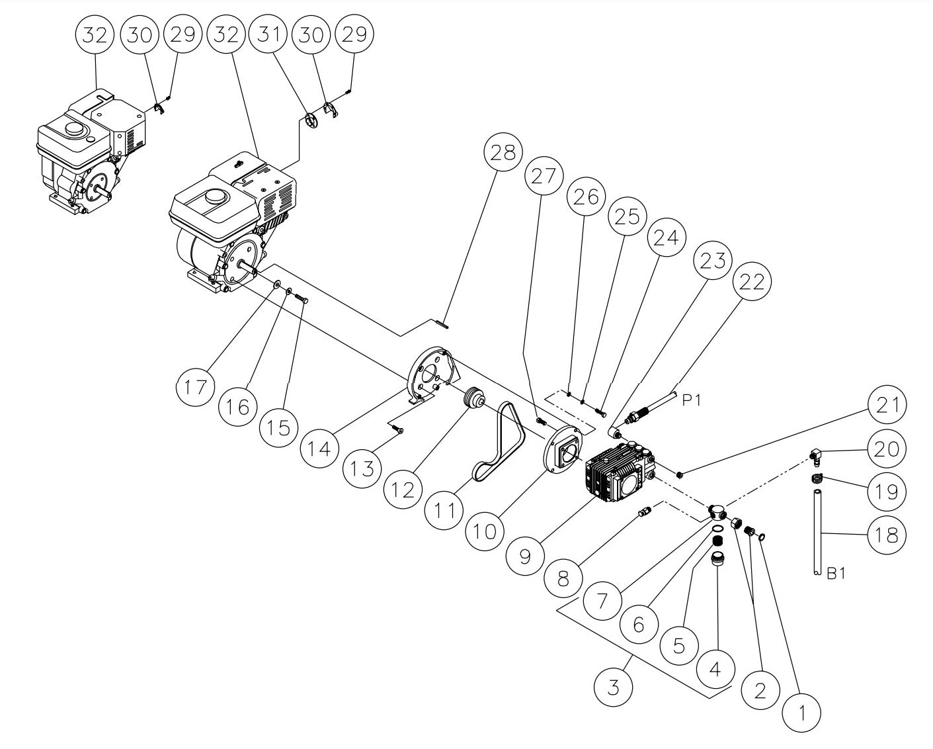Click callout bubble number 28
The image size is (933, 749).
click(x=503, y=154)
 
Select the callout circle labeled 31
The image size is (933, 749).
click(x=267, y=34)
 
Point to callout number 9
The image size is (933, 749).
click(x=525, y=556)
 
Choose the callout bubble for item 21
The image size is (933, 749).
click(x=887, y=405)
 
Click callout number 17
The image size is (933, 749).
click(x=196, y=387)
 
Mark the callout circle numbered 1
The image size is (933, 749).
click(x=801, y=713)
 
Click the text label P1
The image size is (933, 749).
click(x=692, y=400)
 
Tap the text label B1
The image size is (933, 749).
click(x=836, y=574)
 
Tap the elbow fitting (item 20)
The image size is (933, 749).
click(x=815, y=456)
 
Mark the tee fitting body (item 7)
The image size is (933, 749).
click(x=716, y=511)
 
